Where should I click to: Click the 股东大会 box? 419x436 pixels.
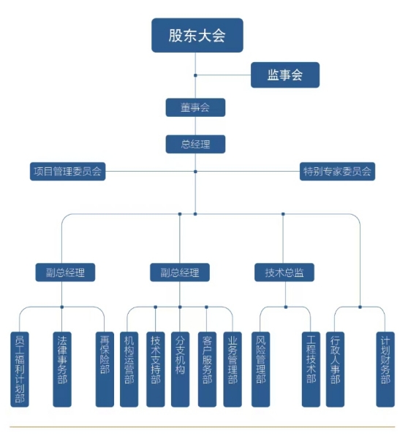pyautogui.click(x=197, y=36)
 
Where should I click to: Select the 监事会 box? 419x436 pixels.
pyautogui.click(x=284, y=74)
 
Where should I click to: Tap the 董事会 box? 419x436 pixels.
pyautogui.click(x=195, y=107)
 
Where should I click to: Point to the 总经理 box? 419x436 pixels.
pyautogui.click(x=195, y=144)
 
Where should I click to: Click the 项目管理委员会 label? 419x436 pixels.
pyautogui.click(x=67, y=172)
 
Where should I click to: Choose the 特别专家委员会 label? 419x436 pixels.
pyautogui.click(x=337, y=172)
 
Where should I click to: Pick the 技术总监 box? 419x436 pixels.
pyautogui.click(x=284, y=272)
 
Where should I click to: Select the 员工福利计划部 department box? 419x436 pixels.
pyautogui.click(x=20, y=369)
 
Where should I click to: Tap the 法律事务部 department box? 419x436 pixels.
pyautogui.click(x=61, y=369)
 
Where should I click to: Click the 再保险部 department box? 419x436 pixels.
pyautogui.click(x=104, y=369)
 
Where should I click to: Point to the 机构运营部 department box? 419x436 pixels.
pyautogui.click(x=129, y=369)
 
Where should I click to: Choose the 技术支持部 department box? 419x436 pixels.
pyautogui.click(x=155, y=369)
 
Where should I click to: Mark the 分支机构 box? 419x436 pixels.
pyautogui.click(x=180, y=369)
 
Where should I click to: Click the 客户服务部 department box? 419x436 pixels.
pyautogui.click(x=207, y=369)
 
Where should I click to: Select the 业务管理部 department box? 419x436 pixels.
pyautogui.click(x=233, y=369)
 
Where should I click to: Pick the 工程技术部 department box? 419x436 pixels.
pyautogui.click(x=311, y=369)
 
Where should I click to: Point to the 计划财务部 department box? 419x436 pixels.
pyautogui.click(x=385, y=369)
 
